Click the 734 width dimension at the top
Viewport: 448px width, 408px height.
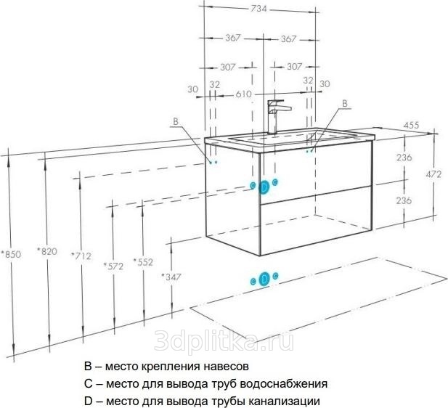[x=258, y=9]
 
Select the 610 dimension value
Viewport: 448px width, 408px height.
[x=243, y=94]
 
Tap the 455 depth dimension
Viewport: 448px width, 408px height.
[x=411, y=125]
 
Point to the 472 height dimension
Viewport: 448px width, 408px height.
[x=433, y=174]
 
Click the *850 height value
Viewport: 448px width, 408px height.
[x=11, y=254]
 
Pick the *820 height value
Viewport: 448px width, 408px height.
[x=47, y=251]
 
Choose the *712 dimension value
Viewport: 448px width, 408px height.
[x=81, y=256]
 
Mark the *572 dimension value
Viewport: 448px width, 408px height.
[x=113, y=266]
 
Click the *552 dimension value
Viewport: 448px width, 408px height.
[x=143, y=261]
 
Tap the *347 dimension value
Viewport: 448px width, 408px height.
[x=171, y=277]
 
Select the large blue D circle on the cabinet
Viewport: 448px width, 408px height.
[x=264, y=187]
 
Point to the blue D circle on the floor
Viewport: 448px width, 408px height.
[x=264, y=279]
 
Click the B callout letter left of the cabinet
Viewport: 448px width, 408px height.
[x=176, y=121]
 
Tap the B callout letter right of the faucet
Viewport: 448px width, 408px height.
[x=345, y=103]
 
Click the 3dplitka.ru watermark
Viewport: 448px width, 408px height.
[x=224, y=340]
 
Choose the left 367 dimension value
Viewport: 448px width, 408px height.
[x=233, y=38]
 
